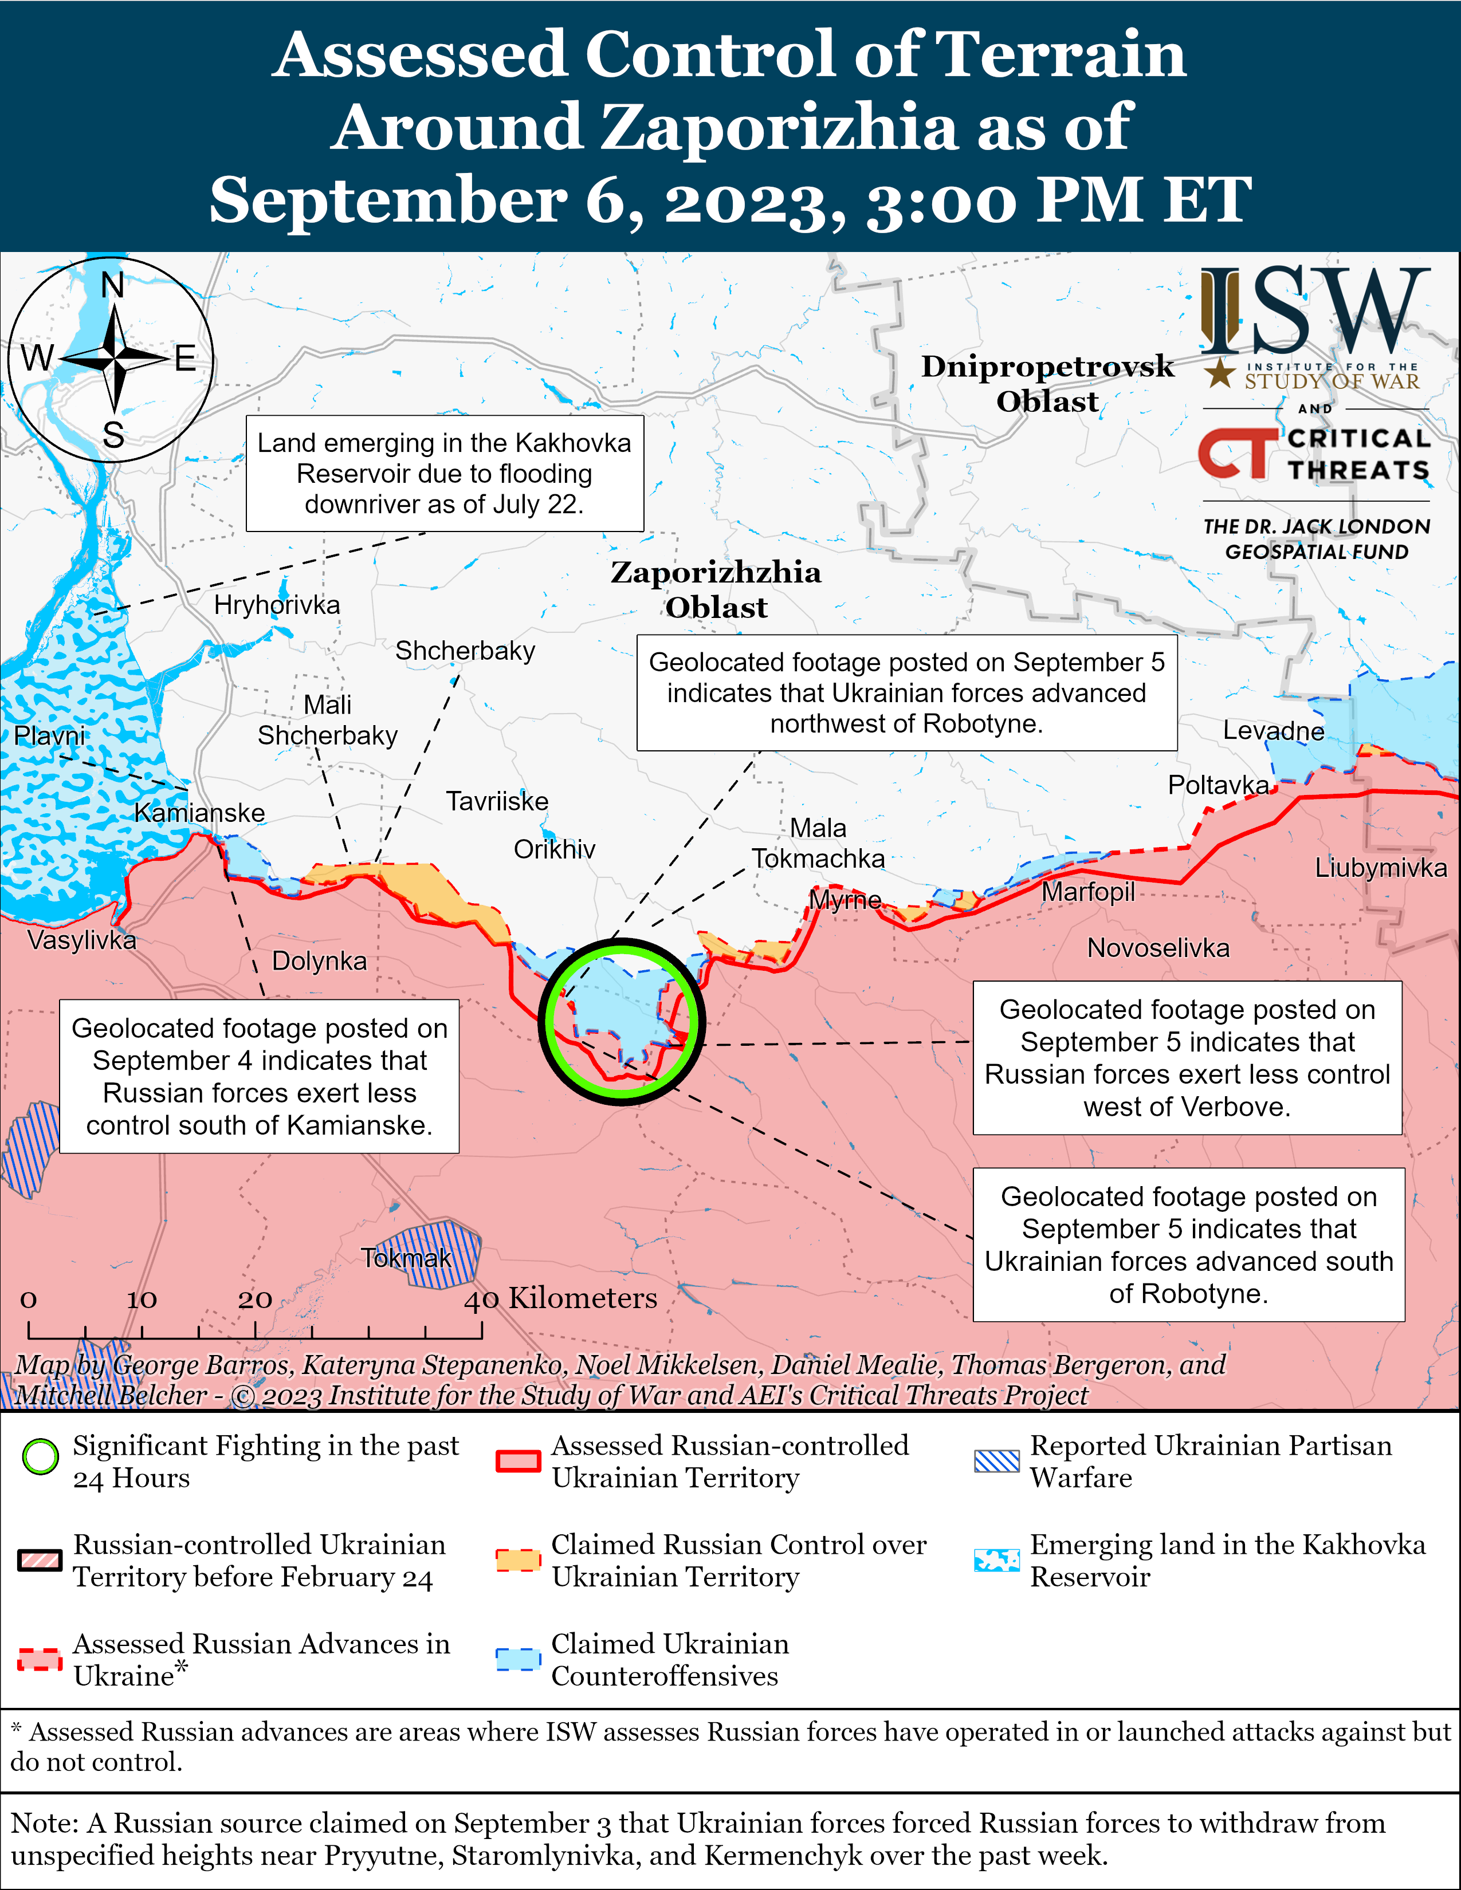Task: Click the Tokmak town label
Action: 406,1257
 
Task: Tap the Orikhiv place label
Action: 554,849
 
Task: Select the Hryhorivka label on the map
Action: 277,605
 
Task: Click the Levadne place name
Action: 1273,731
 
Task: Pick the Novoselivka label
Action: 1158,948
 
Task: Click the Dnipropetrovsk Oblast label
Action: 1047,383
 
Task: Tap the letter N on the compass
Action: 112,285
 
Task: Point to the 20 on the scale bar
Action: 256,1300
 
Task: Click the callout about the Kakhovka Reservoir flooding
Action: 445,474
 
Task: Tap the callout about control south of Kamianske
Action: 259,1077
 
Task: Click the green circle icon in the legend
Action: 41,1456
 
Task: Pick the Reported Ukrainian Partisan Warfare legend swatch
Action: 996,1461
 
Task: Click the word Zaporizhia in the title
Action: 778,127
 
